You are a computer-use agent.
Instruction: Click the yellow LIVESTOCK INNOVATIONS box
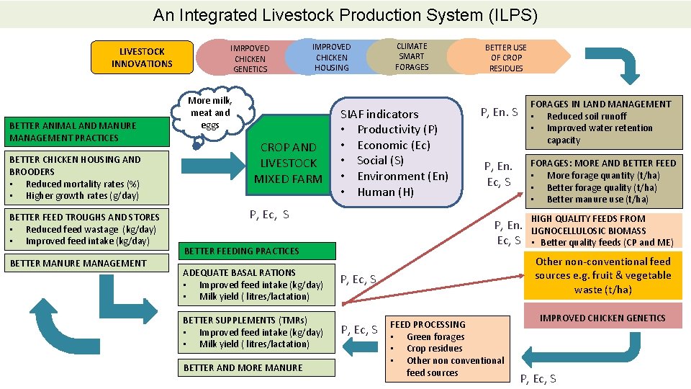tap(142, 58)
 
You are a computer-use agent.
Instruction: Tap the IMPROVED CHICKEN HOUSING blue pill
tap(331, 57)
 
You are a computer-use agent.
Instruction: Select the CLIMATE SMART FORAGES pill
tap(411, 56)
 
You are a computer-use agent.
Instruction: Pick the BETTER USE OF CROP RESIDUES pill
tap(505, 58)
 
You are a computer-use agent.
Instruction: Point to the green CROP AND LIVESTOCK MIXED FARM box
tap(288, 163)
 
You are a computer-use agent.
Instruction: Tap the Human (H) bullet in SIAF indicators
tap(386, 192)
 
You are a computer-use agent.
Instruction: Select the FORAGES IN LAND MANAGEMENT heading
tap(600, 104)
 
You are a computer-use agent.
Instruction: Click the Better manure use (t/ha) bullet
tap(597, 200)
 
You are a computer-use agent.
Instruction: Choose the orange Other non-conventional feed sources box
tap(602, 275)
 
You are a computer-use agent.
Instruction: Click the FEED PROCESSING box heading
tap(428, 324)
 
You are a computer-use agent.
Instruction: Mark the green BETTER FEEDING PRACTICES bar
tap(257, 251)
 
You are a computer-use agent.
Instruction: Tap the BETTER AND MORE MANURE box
tap(243, 367)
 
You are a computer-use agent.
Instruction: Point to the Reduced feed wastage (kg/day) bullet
tap(90, 229)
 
